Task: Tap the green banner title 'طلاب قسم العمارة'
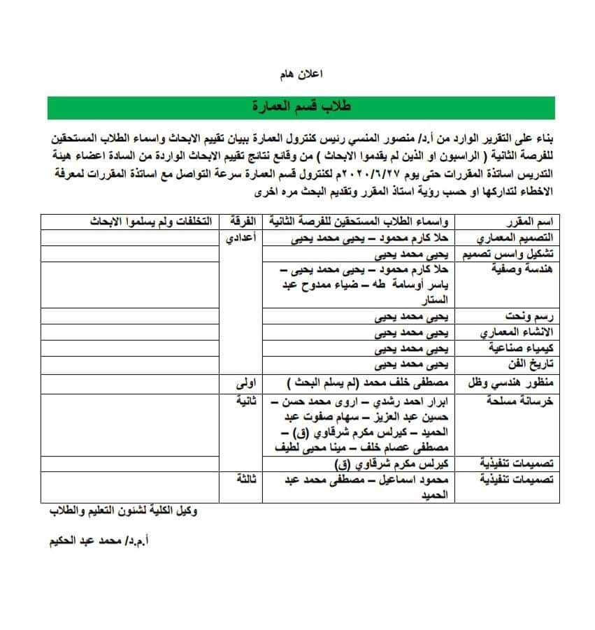point(302,108)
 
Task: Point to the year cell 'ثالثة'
point(248,478)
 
